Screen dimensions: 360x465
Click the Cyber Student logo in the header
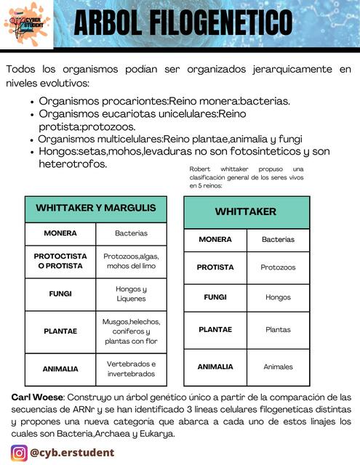point(26,23)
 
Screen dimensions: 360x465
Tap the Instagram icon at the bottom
point(19,453)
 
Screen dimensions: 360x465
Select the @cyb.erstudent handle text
point(72,453)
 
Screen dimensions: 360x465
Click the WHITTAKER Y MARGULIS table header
point(96,209)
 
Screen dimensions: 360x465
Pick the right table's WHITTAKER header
point(246,211)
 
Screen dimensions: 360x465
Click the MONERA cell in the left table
point(60,233)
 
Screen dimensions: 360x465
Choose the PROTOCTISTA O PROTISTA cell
point(60,261)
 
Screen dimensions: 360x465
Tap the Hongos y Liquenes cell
point(131,294)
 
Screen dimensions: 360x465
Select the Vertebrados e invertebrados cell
point(131,368)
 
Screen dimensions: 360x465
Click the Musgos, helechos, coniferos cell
point(131,331)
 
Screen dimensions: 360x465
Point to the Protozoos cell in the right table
point(278,267)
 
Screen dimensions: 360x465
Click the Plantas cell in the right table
point(278,329)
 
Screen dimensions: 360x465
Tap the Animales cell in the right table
point(278,367)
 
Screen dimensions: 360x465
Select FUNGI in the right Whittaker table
point(215,297)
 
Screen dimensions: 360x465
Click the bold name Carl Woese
point(37,397)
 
